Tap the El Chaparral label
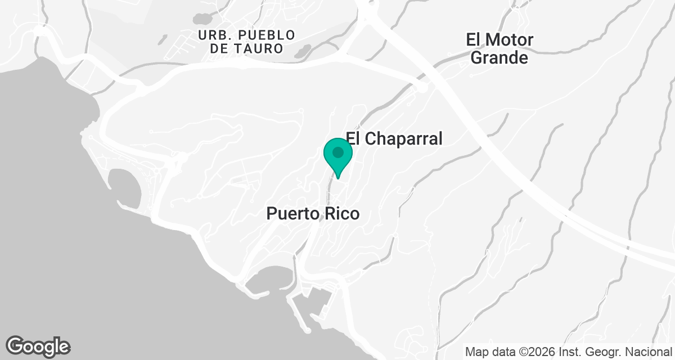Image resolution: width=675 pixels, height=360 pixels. click(394, 138)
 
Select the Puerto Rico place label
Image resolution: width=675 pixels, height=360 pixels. click(312, 214)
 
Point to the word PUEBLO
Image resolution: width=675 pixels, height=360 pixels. click(258, 35)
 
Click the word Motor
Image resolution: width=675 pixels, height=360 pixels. click(508, 40)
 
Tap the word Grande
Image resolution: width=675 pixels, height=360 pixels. click(499, 57)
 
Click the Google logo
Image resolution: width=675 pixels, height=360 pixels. click(38, 346)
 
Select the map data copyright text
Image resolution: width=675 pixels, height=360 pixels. click(569, 352)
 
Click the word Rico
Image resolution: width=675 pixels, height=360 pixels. click(340, 214)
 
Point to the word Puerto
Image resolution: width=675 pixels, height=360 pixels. click(293, 214)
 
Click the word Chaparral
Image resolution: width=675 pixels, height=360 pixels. click(403, 138)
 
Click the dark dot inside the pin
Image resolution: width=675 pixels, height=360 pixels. click(338, 152)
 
